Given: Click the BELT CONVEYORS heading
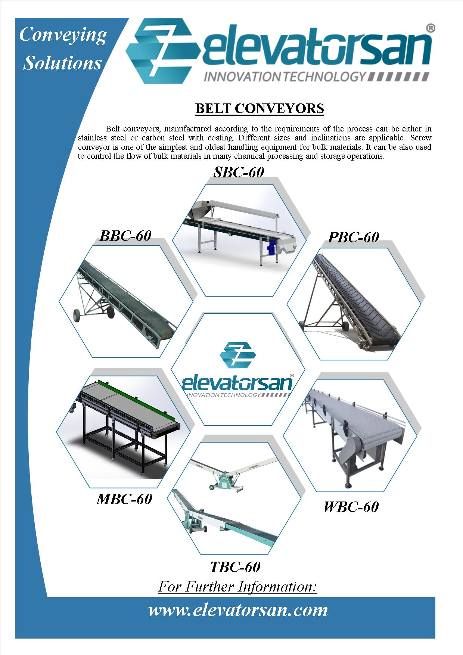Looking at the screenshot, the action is coord(260,108).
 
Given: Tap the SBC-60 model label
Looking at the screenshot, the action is coord(239,172).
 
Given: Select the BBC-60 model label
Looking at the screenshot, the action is coord(125,236).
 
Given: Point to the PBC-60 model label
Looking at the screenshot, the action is coord(353,237).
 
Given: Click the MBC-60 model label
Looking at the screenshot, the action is coord(124,499).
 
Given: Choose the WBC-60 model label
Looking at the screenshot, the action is coord(351,507).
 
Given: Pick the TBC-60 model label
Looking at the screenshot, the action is coord(235,567).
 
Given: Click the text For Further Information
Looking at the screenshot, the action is coord(237,587).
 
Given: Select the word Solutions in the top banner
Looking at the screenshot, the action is coord(62,62).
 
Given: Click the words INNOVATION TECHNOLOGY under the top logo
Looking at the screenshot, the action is coord(284,77).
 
